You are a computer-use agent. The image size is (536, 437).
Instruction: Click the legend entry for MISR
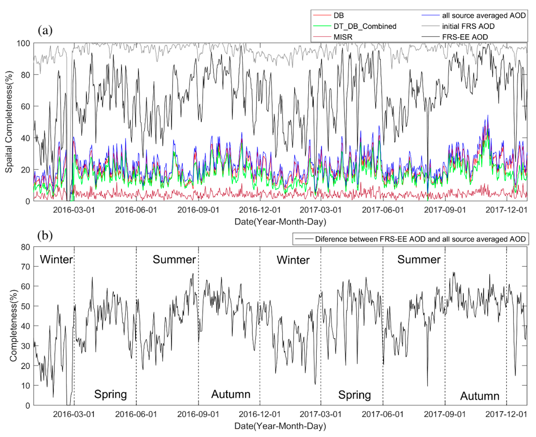click(x=343, y=37)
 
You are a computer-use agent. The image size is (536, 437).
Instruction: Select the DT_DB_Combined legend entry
click(x=365, y=26)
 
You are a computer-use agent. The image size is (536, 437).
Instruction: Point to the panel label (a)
click(x=45, y=31)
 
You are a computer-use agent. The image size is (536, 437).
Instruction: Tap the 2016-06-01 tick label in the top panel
click(x=136, y=210)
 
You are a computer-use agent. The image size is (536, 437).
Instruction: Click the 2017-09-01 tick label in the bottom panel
click(x=445, y=414)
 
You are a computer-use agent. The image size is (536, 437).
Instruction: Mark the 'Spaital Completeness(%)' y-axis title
click(x=9, y=122)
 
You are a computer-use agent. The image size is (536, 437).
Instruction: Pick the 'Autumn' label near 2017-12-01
click(x=480, y=396)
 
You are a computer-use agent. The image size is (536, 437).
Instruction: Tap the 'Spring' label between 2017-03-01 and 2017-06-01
click(x=354, y=395)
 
